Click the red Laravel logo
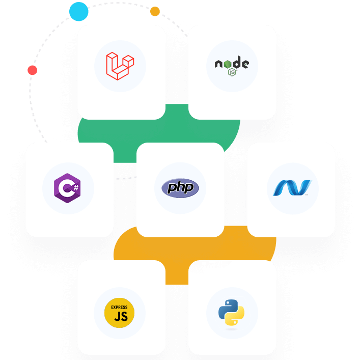pos(120,66)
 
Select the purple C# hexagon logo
pos(67,188)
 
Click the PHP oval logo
pos(180,188)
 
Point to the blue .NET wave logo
pos(292,188)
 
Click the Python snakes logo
pos(232,312)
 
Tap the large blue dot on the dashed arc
pos(79,11)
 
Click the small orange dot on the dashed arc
pos(155,11)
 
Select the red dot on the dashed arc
pos(32,70)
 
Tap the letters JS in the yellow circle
pos(120,317)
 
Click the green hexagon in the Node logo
pos(232,72)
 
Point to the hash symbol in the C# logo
pos(75,187)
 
